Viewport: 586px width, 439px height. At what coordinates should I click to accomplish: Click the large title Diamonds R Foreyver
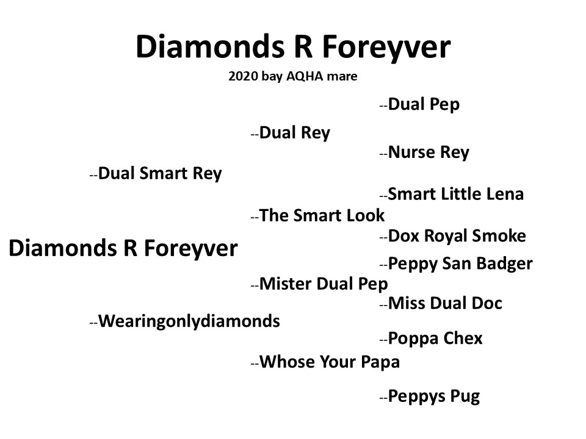(x=294, y=48)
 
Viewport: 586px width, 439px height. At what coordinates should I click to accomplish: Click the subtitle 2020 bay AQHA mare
(x=292, y=76)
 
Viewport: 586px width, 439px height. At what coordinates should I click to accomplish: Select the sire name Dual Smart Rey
(x=160, y=174)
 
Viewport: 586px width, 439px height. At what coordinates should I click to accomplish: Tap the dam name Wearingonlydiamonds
(x=189, y=321)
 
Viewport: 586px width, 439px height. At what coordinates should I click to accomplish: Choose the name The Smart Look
(x=322, y=215)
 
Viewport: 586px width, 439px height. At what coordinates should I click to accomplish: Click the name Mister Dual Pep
(x=324, y=284)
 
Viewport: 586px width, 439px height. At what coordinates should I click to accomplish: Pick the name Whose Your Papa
(x=330, y=362)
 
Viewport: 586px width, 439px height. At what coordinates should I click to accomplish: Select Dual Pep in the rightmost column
(x=424, y=104)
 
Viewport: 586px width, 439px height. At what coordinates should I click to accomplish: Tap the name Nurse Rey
(x=429, y=152)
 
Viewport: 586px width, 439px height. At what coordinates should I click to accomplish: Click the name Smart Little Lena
(x=456, y=194)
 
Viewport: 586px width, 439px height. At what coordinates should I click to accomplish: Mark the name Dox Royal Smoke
(x=457, y=236)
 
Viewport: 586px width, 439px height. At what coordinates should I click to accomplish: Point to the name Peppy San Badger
(x=460, y=264)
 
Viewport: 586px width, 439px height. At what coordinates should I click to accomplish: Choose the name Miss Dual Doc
(x=445, y=303)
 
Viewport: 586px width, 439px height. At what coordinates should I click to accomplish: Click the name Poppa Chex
(x=435, y=338)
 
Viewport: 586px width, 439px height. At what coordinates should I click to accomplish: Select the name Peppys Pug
(x=434, y=396)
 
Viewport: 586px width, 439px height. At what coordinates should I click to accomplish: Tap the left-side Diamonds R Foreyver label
(x=123, y=249)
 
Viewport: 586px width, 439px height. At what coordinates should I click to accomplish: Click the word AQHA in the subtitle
(x=305, y=76)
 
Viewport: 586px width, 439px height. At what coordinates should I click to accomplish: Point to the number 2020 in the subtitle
(x=244, y=76)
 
